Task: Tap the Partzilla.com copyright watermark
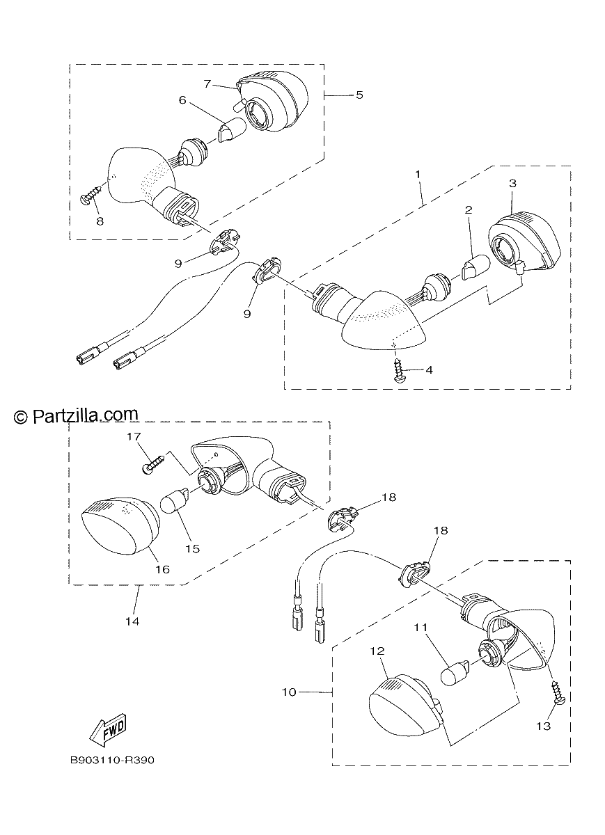pos(76,415)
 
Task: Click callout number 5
pos(359,95)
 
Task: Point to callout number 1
pos(418,174)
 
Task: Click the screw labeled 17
pos(153,463)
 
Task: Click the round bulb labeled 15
pos(175,502)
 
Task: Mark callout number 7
pos(207,84)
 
